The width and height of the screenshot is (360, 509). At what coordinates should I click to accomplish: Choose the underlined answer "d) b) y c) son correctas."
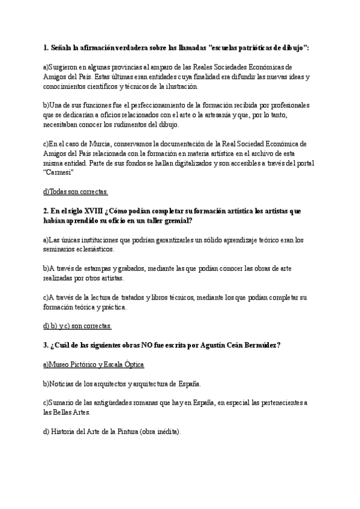[x=77, y=326]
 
